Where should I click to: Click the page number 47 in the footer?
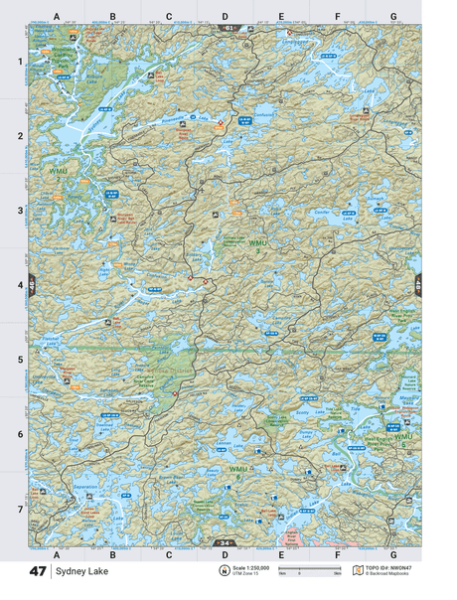pyautogui.click(x=38, y=572)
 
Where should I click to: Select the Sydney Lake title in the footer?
pyautogui.click(x=76, y=572)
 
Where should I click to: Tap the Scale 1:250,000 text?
pyautogui.click(x=249, y=567)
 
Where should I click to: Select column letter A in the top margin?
pyautogui.click(x=57, y=17)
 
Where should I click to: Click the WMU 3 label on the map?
pyautogui.click(x=258, y=244)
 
